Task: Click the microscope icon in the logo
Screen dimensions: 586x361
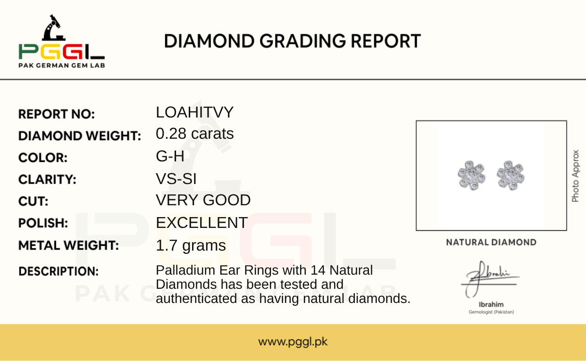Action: point(54,28)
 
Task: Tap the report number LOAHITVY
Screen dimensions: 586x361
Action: point(194,112)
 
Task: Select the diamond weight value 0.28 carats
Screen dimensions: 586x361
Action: point(195,134)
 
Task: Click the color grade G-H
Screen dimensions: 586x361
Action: point(170,156)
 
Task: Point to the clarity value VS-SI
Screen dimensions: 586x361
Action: point(176,179)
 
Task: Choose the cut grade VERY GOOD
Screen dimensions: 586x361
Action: point(203,200)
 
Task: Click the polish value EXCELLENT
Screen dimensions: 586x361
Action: point(201,223)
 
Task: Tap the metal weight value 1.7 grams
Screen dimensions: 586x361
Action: point(191,245)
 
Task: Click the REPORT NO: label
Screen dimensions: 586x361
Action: point(57,114)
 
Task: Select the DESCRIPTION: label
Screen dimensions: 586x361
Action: point(59,271)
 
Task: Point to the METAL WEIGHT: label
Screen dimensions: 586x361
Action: point(68,245)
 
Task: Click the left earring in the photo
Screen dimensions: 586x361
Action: point(471,175)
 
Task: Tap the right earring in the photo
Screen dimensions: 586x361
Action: point(511,175)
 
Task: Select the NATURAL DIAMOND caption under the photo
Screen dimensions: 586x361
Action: point(491,243)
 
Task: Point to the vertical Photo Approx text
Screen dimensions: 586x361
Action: point(575,176)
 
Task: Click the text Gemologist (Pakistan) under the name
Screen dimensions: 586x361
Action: point(491,312)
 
